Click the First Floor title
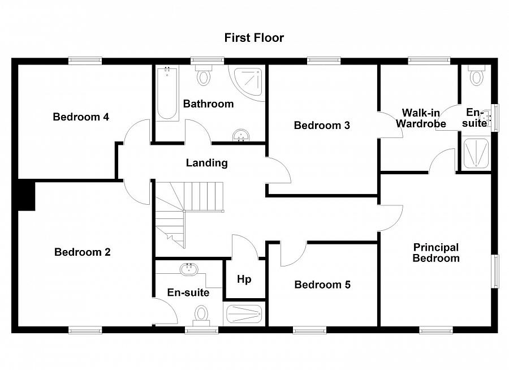point(254,38)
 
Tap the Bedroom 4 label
point(81,117)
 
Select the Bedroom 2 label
point(83,252)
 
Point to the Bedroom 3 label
point(322,126)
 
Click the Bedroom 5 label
point(322,285)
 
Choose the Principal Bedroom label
point(435,253)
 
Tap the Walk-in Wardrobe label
point(421,118)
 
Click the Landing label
point(207,163)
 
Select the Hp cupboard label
point(244,279)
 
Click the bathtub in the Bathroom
point(167,93)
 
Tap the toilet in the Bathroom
point(203,75)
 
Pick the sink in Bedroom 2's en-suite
point(188,269)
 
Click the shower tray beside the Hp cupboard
point(244,313)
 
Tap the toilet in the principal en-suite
point(477,75)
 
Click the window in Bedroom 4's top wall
point(85,59)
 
